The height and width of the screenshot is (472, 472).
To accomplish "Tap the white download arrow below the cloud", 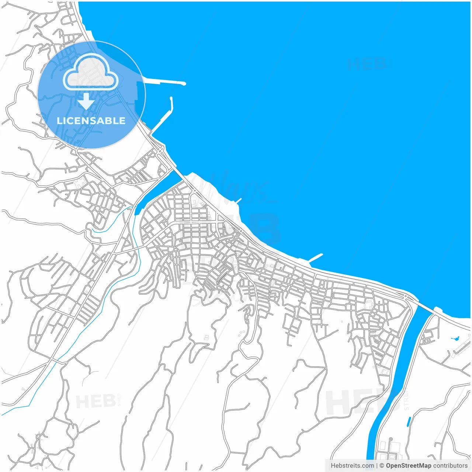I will [x=86, y=101].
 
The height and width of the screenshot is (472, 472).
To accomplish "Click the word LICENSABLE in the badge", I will [x=91, y=121].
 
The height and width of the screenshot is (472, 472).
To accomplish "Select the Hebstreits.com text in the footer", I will [x=352, y=466].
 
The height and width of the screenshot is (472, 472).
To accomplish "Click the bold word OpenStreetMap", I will [x=408, y=466].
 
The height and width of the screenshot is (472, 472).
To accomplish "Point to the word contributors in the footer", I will [x=450, y=466].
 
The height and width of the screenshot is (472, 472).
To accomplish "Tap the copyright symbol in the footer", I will [x=382, y=466].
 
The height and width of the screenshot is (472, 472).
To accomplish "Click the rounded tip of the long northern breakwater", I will [x=183, y=84].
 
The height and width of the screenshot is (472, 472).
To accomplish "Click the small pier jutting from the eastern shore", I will [x=316, y=258].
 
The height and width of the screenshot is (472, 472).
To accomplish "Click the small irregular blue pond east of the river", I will [x=454, y=338].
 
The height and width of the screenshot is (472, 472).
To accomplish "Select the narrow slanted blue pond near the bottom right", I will [x=409, y=421].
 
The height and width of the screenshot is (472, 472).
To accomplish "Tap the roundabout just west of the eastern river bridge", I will [x=406, y=296].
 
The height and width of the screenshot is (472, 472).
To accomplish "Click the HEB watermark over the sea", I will [x=367, y=64].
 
